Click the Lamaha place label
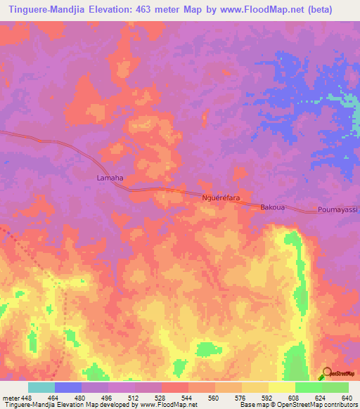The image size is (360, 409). [x=109, y=178]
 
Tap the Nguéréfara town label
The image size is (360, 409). [x=221, y=199]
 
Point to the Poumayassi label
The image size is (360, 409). [x=337, y=210]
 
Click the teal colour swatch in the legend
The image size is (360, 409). [x=41, y=387]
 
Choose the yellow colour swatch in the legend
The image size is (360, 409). [x=281, y=387]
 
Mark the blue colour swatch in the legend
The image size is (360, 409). [x=68, y=387]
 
